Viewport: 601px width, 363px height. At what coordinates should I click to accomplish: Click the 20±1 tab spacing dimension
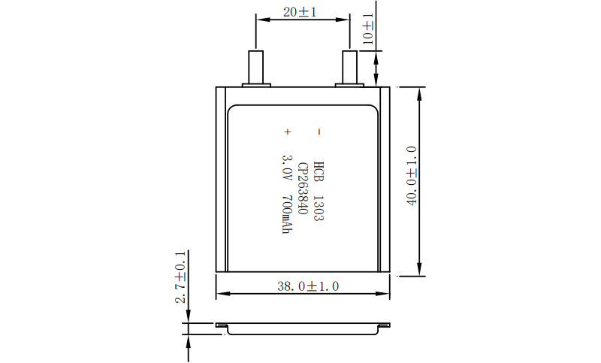pyautogui.click(x=300, y=12)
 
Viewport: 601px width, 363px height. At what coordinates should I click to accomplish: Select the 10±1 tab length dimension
pyautogui.click(x=368, y=29)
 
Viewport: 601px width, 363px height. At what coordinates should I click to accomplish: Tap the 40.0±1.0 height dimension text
pyautogui.click(x=411, y=176)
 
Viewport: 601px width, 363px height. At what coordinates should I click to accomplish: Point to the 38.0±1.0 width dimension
pyautogui.click(x=308, y=286)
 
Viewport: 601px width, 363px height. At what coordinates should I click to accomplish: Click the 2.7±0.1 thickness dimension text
pyautogui.click(x=180, y=277)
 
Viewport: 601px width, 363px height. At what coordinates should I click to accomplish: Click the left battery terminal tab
pyautogui.click(x=256, y=68)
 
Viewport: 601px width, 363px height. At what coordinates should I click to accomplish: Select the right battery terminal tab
pyautogui.click(x=349, y=68)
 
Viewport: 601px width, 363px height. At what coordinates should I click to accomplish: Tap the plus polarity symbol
pyautogui.click(x=288, y=132)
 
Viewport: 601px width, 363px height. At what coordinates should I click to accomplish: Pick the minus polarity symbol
pyautogui.click(x=319, y=132)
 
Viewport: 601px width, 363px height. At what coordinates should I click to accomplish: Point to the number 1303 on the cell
pyautogui.click(x=319, y=208)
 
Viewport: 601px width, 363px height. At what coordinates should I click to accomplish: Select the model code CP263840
pyautogui.click(x=303, y=188)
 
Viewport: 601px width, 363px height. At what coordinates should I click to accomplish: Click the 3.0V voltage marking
pyautogui.click(x=287, y=168)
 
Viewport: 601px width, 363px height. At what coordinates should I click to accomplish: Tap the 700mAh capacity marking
pyautogui.click(x=287, y=215)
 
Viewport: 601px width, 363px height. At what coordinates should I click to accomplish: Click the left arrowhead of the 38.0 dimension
pyautogui.click(x=223, y=294)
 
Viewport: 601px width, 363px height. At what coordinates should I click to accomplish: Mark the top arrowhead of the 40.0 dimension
pyautogui.click(x=419, y=94)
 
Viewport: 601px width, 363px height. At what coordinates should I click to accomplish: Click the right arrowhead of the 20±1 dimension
pyautogui.click(x=343, y=20)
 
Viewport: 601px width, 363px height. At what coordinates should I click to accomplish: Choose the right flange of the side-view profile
pyautogui.click(x=384, y=325)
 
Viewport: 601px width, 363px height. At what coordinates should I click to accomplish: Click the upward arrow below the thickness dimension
pyautogui.click(x=189, y=348)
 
